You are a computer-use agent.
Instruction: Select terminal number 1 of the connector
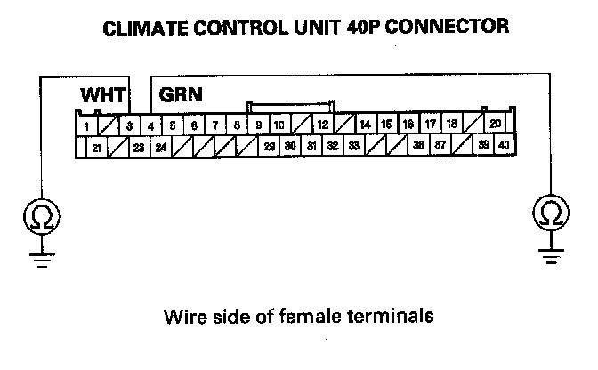coord(85,126)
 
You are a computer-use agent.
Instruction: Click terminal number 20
coord(496,124)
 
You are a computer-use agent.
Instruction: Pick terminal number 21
coord(96,147)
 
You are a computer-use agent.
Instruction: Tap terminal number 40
coord(505,145)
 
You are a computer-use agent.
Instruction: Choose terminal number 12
coord(322,125)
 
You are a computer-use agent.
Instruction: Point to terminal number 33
coord(353,145)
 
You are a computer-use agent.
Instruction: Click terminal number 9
coord(258,125)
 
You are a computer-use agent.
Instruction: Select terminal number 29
coord(269,146)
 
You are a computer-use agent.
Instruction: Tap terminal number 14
coord(365,125)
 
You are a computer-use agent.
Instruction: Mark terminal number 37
coord(440,145)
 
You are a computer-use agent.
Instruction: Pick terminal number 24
coord(160,147)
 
